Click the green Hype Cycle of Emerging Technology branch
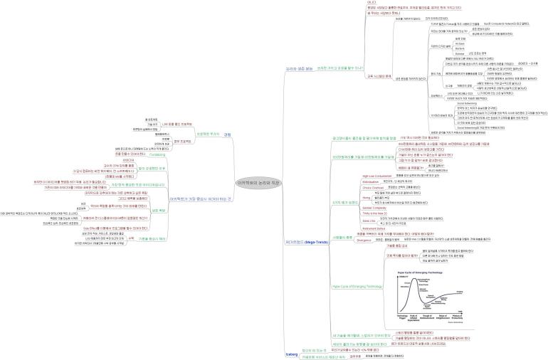pyautogui.click(x=359, y=286)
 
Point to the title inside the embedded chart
pyautogui.click(x=421, y=272)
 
